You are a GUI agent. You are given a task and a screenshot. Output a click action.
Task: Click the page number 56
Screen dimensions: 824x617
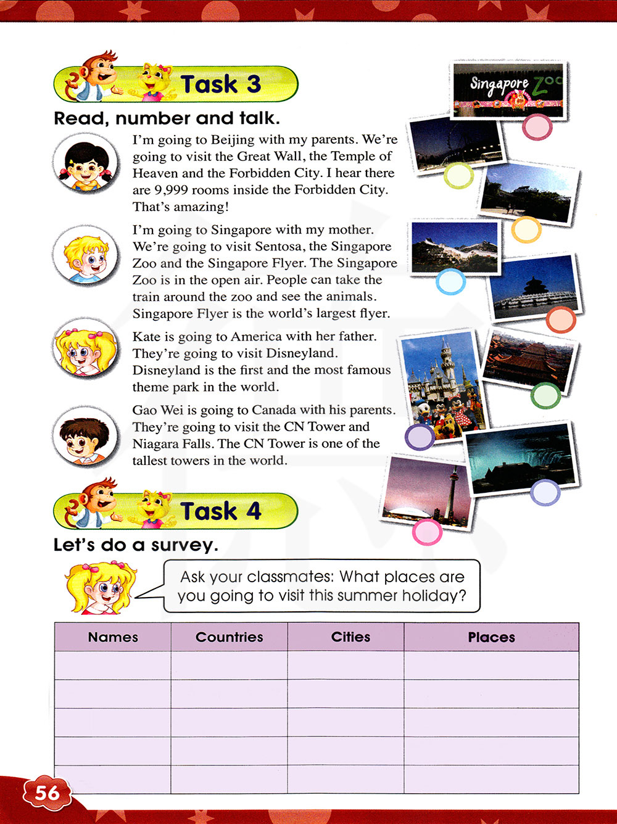point(47,793)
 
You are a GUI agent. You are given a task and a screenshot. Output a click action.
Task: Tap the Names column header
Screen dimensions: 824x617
point(113,637)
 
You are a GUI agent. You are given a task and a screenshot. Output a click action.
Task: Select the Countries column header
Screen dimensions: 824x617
point(229,637)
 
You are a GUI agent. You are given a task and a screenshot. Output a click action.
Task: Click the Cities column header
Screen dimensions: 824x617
point(350,637)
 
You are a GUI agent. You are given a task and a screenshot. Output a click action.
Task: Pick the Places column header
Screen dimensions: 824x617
point(491,637)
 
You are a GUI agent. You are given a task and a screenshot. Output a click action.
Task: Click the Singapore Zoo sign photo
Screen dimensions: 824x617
point(508,88)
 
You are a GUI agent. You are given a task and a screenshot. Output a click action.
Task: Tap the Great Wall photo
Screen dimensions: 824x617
point(455,247)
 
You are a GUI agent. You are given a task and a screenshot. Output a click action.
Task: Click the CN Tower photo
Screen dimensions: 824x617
point(429,493)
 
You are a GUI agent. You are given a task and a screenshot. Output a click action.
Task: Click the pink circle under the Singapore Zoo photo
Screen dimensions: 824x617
point(537,128)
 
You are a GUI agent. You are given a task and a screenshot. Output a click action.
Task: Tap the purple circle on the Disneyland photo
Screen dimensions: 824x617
point(420,437)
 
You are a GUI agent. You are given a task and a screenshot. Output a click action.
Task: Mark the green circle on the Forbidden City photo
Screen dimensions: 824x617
point(545,396)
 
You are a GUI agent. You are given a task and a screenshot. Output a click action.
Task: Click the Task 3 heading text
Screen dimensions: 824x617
point(220,84)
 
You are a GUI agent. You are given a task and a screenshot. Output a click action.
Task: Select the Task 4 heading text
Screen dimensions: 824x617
point(220,511)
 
